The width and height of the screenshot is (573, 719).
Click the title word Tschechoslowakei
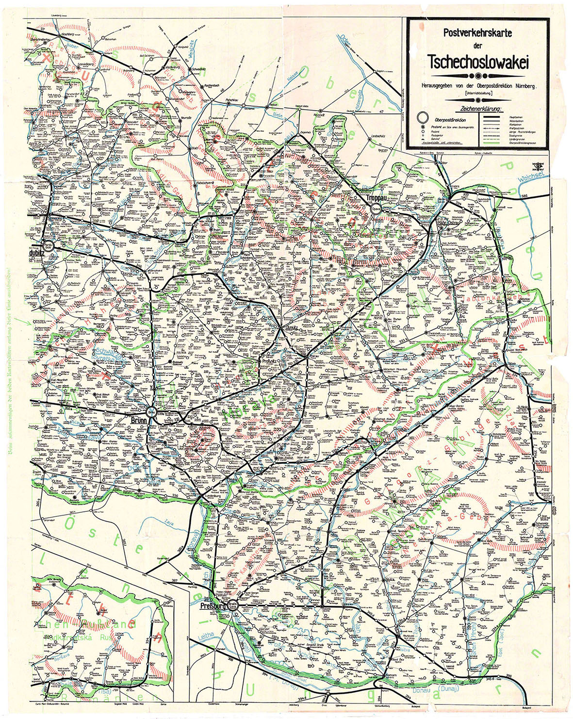(x=478, y=62)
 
